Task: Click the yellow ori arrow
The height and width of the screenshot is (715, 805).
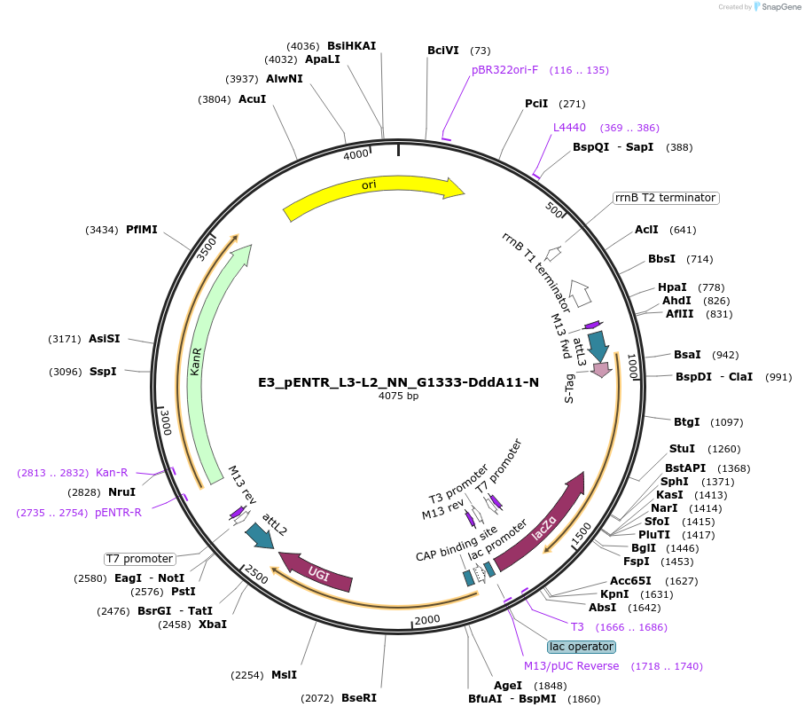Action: tap(372, 195)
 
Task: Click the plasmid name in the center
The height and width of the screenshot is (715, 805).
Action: tap(398, 382)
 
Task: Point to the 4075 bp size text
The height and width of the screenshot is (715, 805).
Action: tap(398, 397)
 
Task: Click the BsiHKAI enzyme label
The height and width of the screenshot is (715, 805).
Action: tap(352, 45)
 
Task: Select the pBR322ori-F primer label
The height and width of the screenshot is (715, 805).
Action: tap(504, 70)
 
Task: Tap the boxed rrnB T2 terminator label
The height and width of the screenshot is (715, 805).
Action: tap(665, 198)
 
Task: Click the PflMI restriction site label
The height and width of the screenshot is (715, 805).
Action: tap(142, 230)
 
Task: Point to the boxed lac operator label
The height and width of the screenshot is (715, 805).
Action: tap(582, 647)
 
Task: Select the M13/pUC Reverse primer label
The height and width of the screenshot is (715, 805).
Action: tap(571, 666)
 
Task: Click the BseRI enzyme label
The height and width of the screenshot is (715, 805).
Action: tap(359, 698)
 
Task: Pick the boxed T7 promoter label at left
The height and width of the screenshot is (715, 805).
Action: tap(139, 559)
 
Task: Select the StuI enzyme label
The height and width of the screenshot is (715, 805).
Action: tap(682, 449)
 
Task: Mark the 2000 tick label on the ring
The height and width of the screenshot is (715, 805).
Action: tap(427, 619)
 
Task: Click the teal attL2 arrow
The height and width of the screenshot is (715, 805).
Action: tap(260, 536)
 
